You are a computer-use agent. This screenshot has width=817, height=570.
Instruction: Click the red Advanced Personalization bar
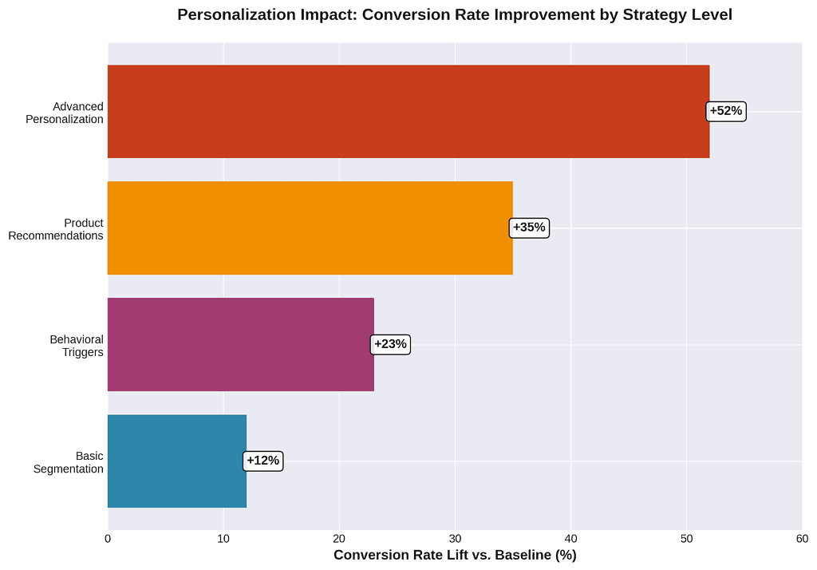coord(408,112)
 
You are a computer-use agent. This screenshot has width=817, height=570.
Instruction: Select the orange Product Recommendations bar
coord(310,228)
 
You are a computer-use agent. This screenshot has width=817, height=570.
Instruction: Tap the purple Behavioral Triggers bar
coord(240,345)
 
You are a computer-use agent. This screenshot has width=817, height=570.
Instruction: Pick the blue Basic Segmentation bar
coord(176,461)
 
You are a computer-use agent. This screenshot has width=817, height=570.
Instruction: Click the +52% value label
coord(726,112)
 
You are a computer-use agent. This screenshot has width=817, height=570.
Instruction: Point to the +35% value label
coord(529,228)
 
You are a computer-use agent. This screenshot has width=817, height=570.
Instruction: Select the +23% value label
coord(391,345)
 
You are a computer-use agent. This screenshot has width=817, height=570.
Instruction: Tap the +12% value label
coord(262,461)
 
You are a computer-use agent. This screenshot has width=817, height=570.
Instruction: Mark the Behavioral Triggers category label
coord(77,346)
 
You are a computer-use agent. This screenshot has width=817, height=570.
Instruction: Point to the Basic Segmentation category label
coord(69,462)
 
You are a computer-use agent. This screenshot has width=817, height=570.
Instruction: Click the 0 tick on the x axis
coord(108,539)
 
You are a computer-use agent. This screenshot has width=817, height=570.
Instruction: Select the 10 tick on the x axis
coord(223,539)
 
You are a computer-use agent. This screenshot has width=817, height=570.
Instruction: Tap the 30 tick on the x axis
coord(455,539)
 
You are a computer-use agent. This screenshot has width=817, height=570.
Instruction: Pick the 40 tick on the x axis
coord(570,539)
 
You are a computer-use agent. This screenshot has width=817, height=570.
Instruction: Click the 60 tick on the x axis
coord(802,539)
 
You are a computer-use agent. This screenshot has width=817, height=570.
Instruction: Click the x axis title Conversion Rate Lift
coord(455,555)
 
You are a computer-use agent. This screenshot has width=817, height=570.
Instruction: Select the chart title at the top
coord(455,14)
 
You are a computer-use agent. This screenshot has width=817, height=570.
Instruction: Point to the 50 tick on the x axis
coord(686,539)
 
